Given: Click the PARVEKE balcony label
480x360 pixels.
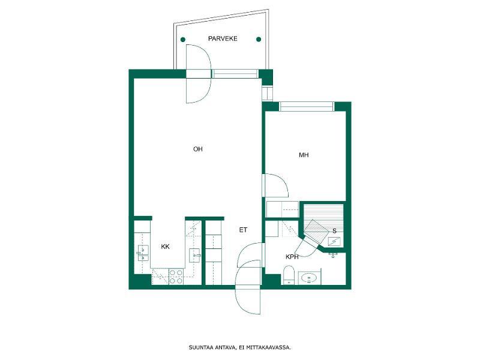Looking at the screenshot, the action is tap(223, 38).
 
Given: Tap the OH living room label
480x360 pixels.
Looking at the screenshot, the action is tap(198, 149).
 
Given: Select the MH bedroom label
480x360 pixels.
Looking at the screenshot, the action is tap(304, 155).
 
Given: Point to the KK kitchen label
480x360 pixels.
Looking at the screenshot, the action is tap(166, 247).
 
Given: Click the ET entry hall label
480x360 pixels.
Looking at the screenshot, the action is tap(243, 230).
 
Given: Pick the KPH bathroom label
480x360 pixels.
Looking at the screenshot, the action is tap(292, 257).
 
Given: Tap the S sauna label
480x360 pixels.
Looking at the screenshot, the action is tap(334, 231).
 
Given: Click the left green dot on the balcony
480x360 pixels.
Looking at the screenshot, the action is tap(183, 40).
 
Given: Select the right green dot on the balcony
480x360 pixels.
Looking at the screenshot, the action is tap(259, 39).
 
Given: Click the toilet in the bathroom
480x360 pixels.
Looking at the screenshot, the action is tap(289, 275).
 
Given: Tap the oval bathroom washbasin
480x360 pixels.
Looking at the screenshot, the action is tap(309, 278).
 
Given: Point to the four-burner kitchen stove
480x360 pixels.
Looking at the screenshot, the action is tap(176, 277).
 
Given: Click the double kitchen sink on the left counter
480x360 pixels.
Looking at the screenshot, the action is tap(143, 253).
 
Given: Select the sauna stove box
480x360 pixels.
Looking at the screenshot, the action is tap(334, 242).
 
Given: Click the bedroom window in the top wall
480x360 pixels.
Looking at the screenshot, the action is tap(307, 106).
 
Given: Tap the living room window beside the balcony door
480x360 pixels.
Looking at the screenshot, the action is tap(235, 74).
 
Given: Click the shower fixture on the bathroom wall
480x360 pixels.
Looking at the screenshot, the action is tap(333, 254).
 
